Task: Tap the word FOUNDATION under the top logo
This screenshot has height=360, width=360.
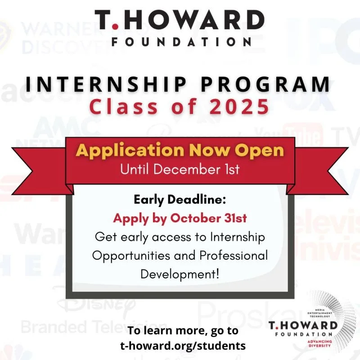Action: [180, 42]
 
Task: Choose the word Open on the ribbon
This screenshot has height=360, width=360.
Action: [262, 150]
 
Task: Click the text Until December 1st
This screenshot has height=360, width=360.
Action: [180, 170]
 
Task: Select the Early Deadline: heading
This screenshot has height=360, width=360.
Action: [180, 200]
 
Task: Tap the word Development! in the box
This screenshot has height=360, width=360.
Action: [180, 274]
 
